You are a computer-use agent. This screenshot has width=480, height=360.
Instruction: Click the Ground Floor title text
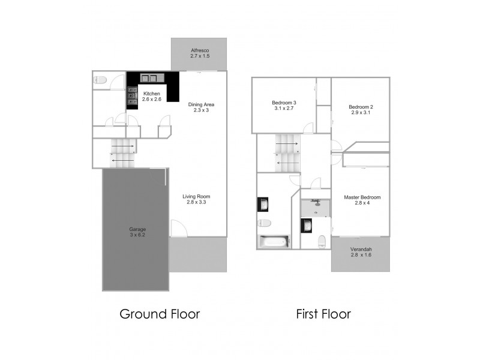[x=160, y=314]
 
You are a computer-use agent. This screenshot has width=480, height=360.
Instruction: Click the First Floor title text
[x=323, y=314]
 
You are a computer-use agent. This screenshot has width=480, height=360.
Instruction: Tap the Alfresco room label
[x=199, y=50]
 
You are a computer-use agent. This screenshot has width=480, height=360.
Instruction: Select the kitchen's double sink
[x=148, y=77]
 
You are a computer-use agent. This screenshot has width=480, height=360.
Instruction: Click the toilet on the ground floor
[x=101, y=79]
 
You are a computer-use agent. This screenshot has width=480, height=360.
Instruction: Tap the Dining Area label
[x=200, y=104]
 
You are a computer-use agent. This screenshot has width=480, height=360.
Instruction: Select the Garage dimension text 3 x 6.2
[x=137, y=236]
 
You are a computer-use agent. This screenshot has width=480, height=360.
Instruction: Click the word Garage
[x=137, y=230]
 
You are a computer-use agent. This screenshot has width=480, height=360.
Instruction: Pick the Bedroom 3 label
[x=284, y=103]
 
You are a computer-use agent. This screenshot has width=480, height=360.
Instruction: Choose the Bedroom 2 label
[x=361, y=107]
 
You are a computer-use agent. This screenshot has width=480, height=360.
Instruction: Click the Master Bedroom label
[x=362, y=197]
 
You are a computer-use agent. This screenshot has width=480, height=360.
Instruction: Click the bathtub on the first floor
[x=273, y=242]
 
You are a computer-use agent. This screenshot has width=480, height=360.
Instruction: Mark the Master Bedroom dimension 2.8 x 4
[x=362, y=203]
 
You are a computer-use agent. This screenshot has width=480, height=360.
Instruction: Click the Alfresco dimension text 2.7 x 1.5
[x=199, y=56]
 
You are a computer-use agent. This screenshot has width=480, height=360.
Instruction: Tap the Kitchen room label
[x=151, y=94]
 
